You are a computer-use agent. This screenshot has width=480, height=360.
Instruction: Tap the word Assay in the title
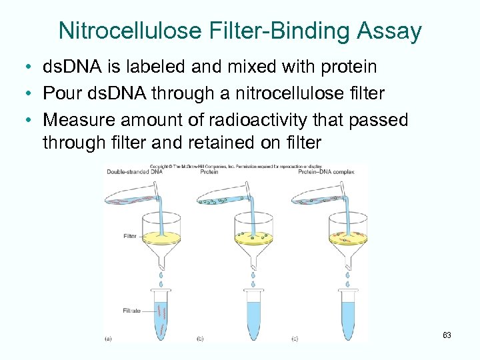tap(391, 31)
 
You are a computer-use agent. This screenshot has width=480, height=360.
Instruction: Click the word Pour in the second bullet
tap(59, 94)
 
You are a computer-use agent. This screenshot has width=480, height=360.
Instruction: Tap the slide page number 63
tap(447, 335)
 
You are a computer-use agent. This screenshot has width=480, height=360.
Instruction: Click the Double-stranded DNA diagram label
tap(134, 172)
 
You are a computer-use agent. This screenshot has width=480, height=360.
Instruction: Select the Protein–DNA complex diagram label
tap(326, 172)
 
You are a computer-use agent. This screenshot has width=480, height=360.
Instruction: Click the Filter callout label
tap(131, 235)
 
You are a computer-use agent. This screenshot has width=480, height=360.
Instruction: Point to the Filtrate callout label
tap(131, 311)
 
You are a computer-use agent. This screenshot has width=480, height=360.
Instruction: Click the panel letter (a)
tap(109, 339)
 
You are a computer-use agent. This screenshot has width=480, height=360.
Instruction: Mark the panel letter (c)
tap(295, 339)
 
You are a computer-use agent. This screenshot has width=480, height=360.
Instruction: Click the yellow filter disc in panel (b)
tap(253, 237)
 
